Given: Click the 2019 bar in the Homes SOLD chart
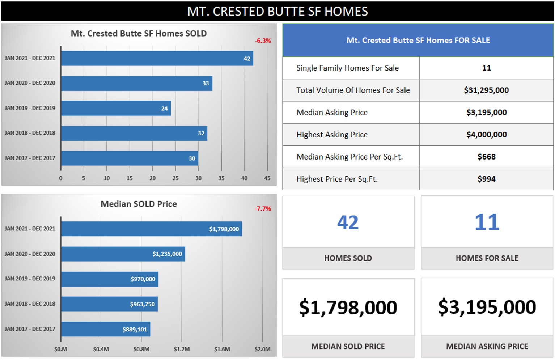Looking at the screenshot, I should click(x=116, y=108).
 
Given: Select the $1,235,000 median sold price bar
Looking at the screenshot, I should click(x=123, y=254).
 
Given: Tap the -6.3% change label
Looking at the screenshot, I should click(x=263, y=41).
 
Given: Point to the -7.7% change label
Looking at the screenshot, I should click(x=263, y=209).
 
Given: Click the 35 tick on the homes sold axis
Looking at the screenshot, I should click(x=221, y=178).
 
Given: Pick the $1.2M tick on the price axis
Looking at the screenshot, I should click(x=182, y=349).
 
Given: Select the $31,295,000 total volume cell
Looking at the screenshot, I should click(x=486, y=90).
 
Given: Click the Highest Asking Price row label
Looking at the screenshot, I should click(x=332, y=135).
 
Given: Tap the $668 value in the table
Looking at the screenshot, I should click(x=486, y=157).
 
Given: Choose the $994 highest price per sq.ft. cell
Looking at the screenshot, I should click(x=486, y=179).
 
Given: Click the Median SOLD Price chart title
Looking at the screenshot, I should click(x=139, y=204).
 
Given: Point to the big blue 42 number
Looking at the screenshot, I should click(x=348, y=222).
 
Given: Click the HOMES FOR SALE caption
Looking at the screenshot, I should click(x=487, y=258).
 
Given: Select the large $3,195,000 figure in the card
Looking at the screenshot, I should click(x=487, y=307).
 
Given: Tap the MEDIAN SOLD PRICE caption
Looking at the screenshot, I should click(x=348, y=346).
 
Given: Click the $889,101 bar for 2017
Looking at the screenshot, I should click(x=105, y=329).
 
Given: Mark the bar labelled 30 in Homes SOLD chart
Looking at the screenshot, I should click(x=130, y=158).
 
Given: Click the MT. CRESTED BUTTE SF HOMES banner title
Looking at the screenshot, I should click(x=277, y=11).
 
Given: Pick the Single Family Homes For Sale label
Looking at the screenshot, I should click(x=347, y=68).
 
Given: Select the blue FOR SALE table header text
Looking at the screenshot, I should click(x=418, y=40).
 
